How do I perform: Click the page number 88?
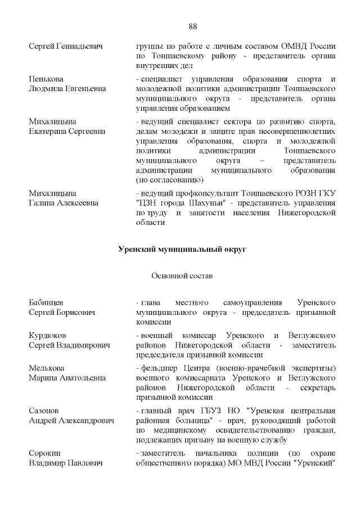pos(192,26)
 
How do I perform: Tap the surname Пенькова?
pos(46,78)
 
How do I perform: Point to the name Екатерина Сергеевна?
pos(67,132)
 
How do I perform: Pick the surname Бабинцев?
pos(46,303)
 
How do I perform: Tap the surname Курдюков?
pos(47,335)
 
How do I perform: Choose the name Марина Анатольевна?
pos(67,378)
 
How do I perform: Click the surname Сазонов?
pos(44,410)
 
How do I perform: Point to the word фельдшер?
pos(160,368)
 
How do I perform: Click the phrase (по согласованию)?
pos(169,180)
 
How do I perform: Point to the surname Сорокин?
pos(45,453)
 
